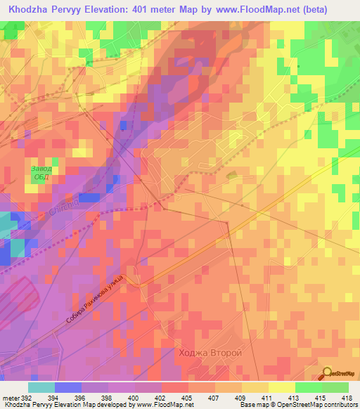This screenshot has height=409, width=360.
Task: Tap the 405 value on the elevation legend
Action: (x=187, y=397)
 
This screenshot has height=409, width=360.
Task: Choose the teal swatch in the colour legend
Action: (x=41, y=387)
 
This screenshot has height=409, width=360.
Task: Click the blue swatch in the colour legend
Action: (x=67, y=387)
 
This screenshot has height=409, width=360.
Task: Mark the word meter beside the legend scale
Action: (x=10, y=397)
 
